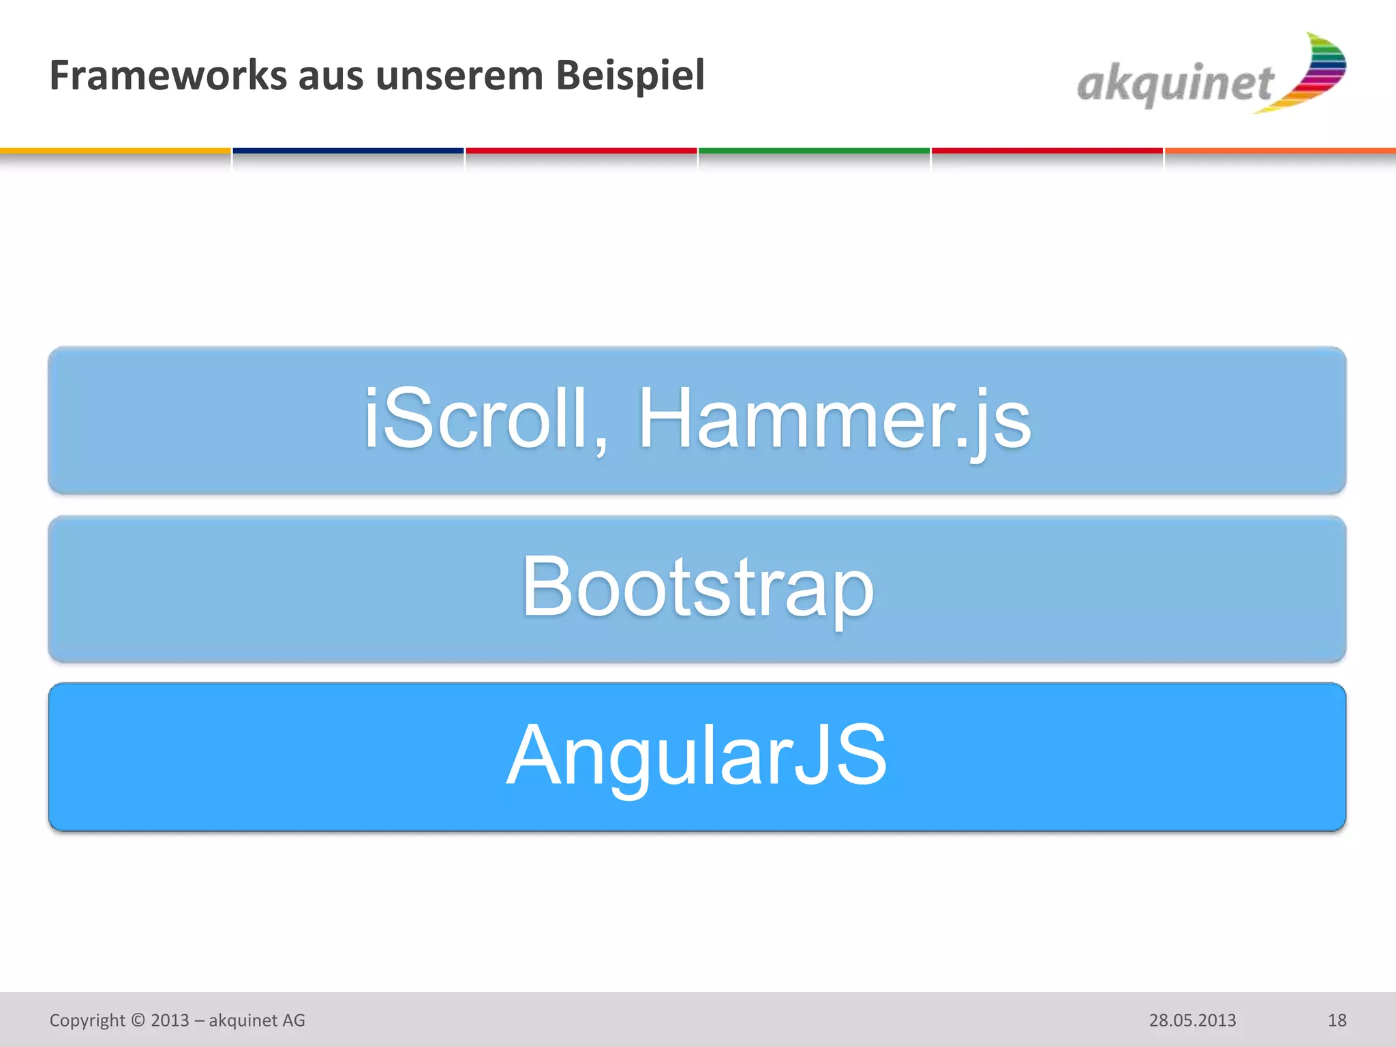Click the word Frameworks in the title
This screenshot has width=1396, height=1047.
pos(168,75)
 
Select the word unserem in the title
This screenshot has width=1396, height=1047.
pos(459,76)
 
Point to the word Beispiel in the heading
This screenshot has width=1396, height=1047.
pos(630,75)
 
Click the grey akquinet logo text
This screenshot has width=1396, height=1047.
pos(1174,85)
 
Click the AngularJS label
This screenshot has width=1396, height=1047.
pos(697,755)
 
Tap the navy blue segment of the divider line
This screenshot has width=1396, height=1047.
pos(348,151)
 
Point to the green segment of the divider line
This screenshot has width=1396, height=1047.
pos(814,151)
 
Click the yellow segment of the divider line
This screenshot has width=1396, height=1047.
pos(115,151)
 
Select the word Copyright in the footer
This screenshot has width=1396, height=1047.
pos(87,1020)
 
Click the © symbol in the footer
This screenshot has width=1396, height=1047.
pos(138,1020)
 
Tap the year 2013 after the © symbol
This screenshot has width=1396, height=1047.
pos(170,1020)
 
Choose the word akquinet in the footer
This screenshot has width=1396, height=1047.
pos(243,1020)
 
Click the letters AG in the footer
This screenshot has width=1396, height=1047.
pos(294,1020)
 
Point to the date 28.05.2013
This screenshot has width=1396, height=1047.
pos(1192,1020)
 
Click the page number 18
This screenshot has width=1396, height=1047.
pos(1337,1020)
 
